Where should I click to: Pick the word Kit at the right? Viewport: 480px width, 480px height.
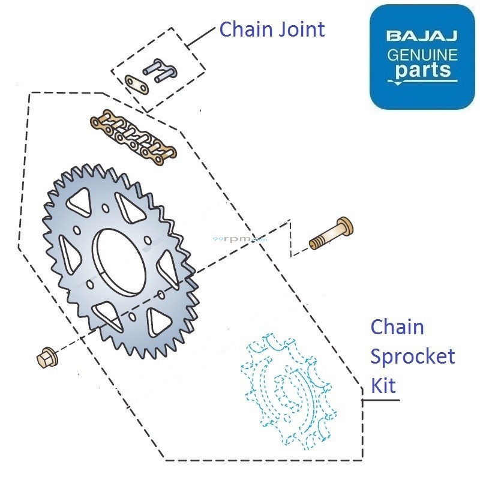383,385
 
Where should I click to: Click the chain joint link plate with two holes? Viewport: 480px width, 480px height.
137,83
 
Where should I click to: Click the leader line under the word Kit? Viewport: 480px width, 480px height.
381,400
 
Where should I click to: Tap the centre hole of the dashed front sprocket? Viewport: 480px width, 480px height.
288,389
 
